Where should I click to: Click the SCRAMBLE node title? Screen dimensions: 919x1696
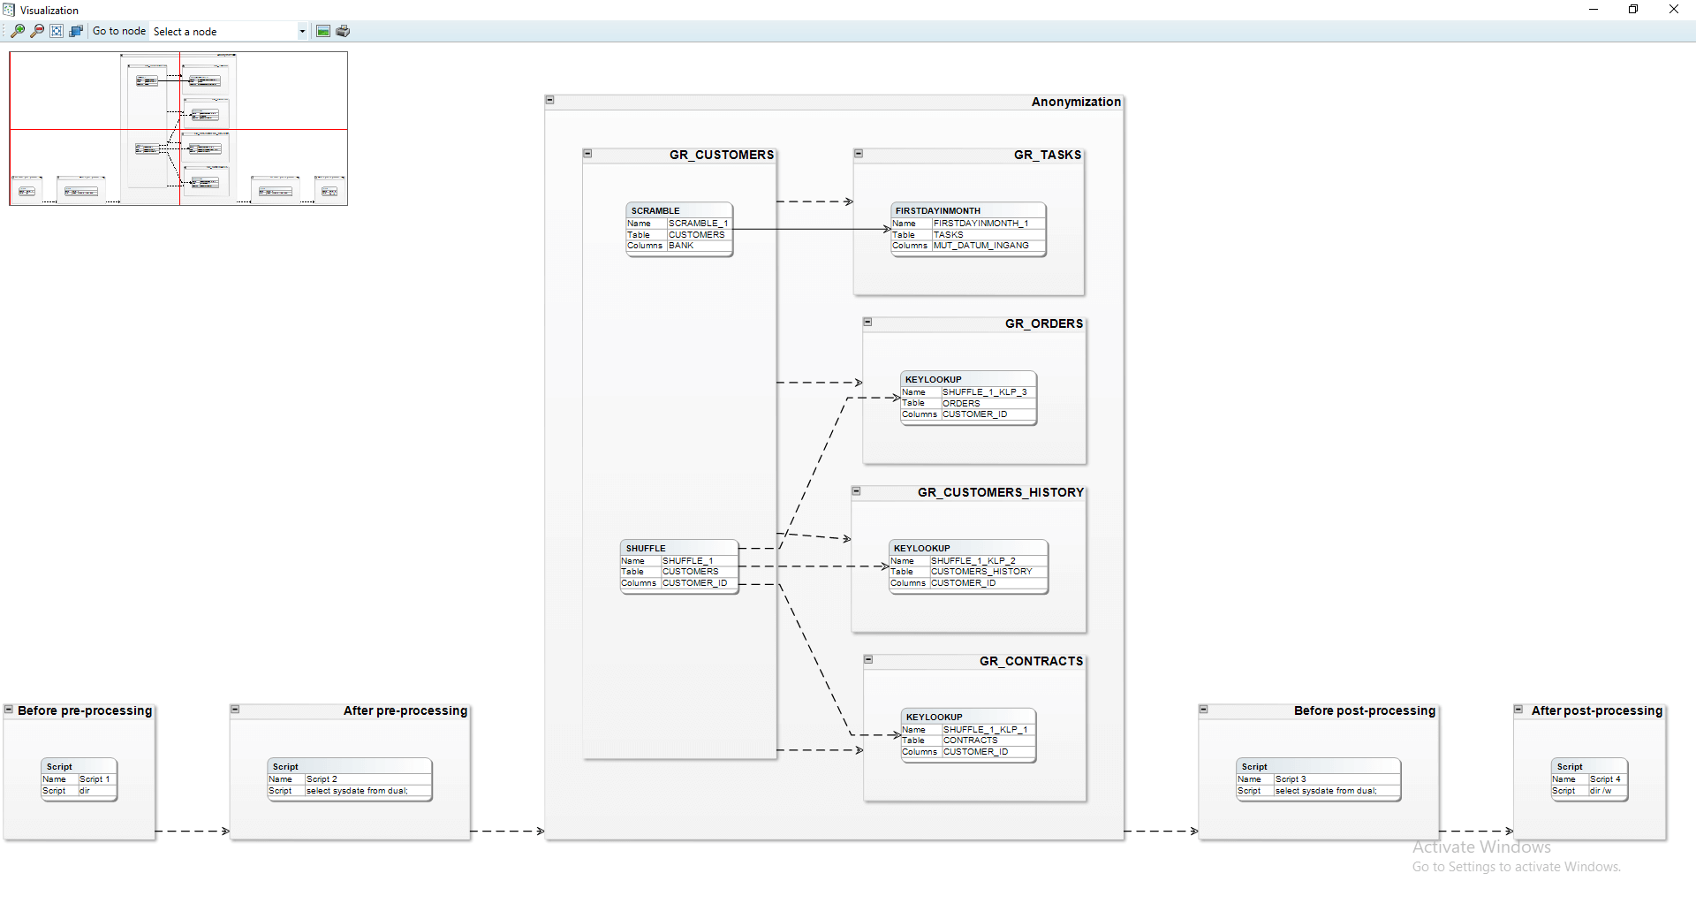click(655, 210)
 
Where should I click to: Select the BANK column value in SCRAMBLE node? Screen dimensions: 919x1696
click(681, 246)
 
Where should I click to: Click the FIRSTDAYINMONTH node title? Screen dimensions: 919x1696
click(937, 210)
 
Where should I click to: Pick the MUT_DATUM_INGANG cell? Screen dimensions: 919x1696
click(980, 246)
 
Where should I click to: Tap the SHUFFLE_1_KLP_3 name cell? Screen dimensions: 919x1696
click(984, 391)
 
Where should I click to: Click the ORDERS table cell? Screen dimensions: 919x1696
click(961, 403)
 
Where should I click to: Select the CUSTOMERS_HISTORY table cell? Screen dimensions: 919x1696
click(980, 572)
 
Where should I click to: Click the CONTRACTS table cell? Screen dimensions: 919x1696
click(970, 741)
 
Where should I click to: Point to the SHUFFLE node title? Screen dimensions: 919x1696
click(646, 548)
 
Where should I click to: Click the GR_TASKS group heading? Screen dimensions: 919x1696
click(1047, 155)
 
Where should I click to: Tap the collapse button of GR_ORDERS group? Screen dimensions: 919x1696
click(867, 323)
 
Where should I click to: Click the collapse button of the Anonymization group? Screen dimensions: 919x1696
click(549, 100)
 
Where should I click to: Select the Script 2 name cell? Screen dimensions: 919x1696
click(322, 779)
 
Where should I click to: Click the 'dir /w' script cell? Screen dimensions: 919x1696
click(1600, 791)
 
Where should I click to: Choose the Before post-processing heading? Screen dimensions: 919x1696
click(1364, 710)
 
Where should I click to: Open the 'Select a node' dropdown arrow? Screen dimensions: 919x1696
click(302, 32)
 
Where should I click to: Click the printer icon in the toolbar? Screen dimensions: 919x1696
click(343, 31)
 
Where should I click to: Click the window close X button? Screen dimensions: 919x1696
click(1673, 10)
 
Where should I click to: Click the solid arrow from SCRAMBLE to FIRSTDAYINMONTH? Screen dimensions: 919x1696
click(813, 229)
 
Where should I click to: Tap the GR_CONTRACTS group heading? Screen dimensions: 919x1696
click(1030, 661)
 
